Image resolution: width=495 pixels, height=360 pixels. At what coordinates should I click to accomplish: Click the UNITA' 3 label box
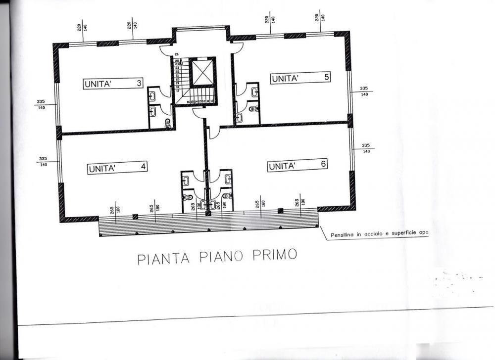pyautogui.click(x=113, y=84)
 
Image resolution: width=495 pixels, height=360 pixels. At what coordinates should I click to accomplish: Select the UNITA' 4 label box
pyautogui.click(x=117, y=168)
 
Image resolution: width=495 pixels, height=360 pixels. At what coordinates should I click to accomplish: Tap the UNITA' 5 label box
pyautogui.click(x=300, y=78)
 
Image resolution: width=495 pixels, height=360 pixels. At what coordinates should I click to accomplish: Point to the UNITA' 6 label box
pyautogui.click(x=297, y=166)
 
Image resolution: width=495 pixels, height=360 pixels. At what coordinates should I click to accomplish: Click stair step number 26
pyautogui.click(x=177, y=53)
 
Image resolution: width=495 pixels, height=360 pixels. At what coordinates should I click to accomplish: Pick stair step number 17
pyautogui.click(x=177, y=91)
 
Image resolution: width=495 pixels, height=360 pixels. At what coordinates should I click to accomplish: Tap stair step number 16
pyautogui.click(x=188, y=101)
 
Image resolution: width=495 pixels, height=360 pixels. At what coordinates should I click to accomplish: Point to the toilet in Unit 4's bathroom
pyautogui.click(x=188, y=197)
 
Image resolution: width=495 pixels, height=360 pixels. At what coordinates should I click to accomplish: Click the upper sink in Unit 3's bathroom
pyautogui.click(x=153, y=95)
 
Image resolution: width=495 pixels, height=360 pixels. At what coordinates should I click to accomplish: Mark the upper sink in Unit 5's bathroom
pyautogui.click(x=254, y=91)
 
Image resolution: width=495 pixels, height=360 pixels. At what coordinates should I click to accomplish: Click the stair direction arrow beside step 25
pyautogui.click(x=182, y=63)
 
